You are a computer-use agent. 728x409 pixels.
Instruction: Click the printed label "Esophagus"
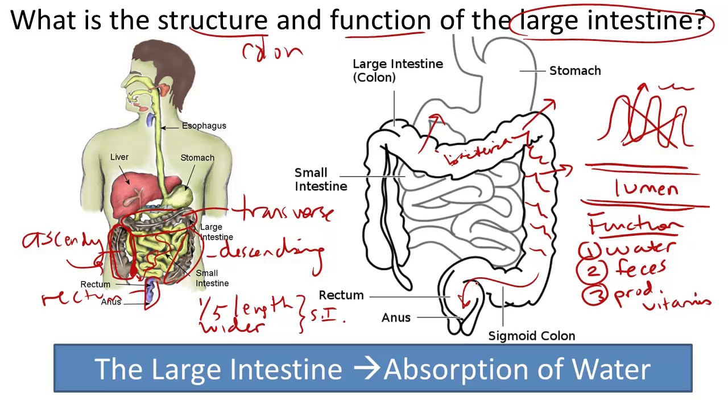point(204,126)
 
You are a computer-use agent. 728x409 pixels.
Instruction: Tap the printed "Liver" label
point(119,157)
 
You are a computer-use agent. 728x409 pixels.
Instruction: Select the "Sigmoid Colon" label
point(531,336)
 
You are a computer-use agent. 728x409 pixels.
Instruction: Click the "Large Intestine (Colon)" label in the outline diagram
point(398,70)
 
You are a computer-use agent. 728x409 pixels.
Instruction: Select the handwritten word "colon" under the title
point(272,52)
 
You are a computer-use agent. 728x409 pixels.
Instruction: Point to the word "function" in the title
point(380,21)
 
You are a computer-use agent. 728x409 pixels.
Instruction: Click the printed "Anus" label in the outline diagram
point(396,318)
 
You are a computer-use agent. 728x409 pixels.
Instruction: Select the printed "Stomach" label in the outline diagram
point(574,71)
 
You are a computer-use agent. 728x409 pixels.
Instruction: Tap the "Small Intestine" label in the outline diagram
point(320,180)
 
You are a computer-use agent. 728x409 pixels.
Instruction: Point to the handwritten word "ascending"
point(62,240)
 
